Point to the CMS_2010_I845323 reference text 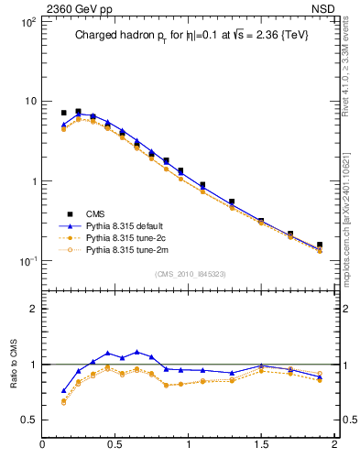tap(190, 273)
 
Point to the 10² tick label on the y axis tap(26, 21)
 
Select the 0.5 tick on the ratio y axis tap(28, 420)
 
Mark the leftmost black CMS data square tap(64, 113)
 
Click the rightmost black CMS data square tap(319, 245)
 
